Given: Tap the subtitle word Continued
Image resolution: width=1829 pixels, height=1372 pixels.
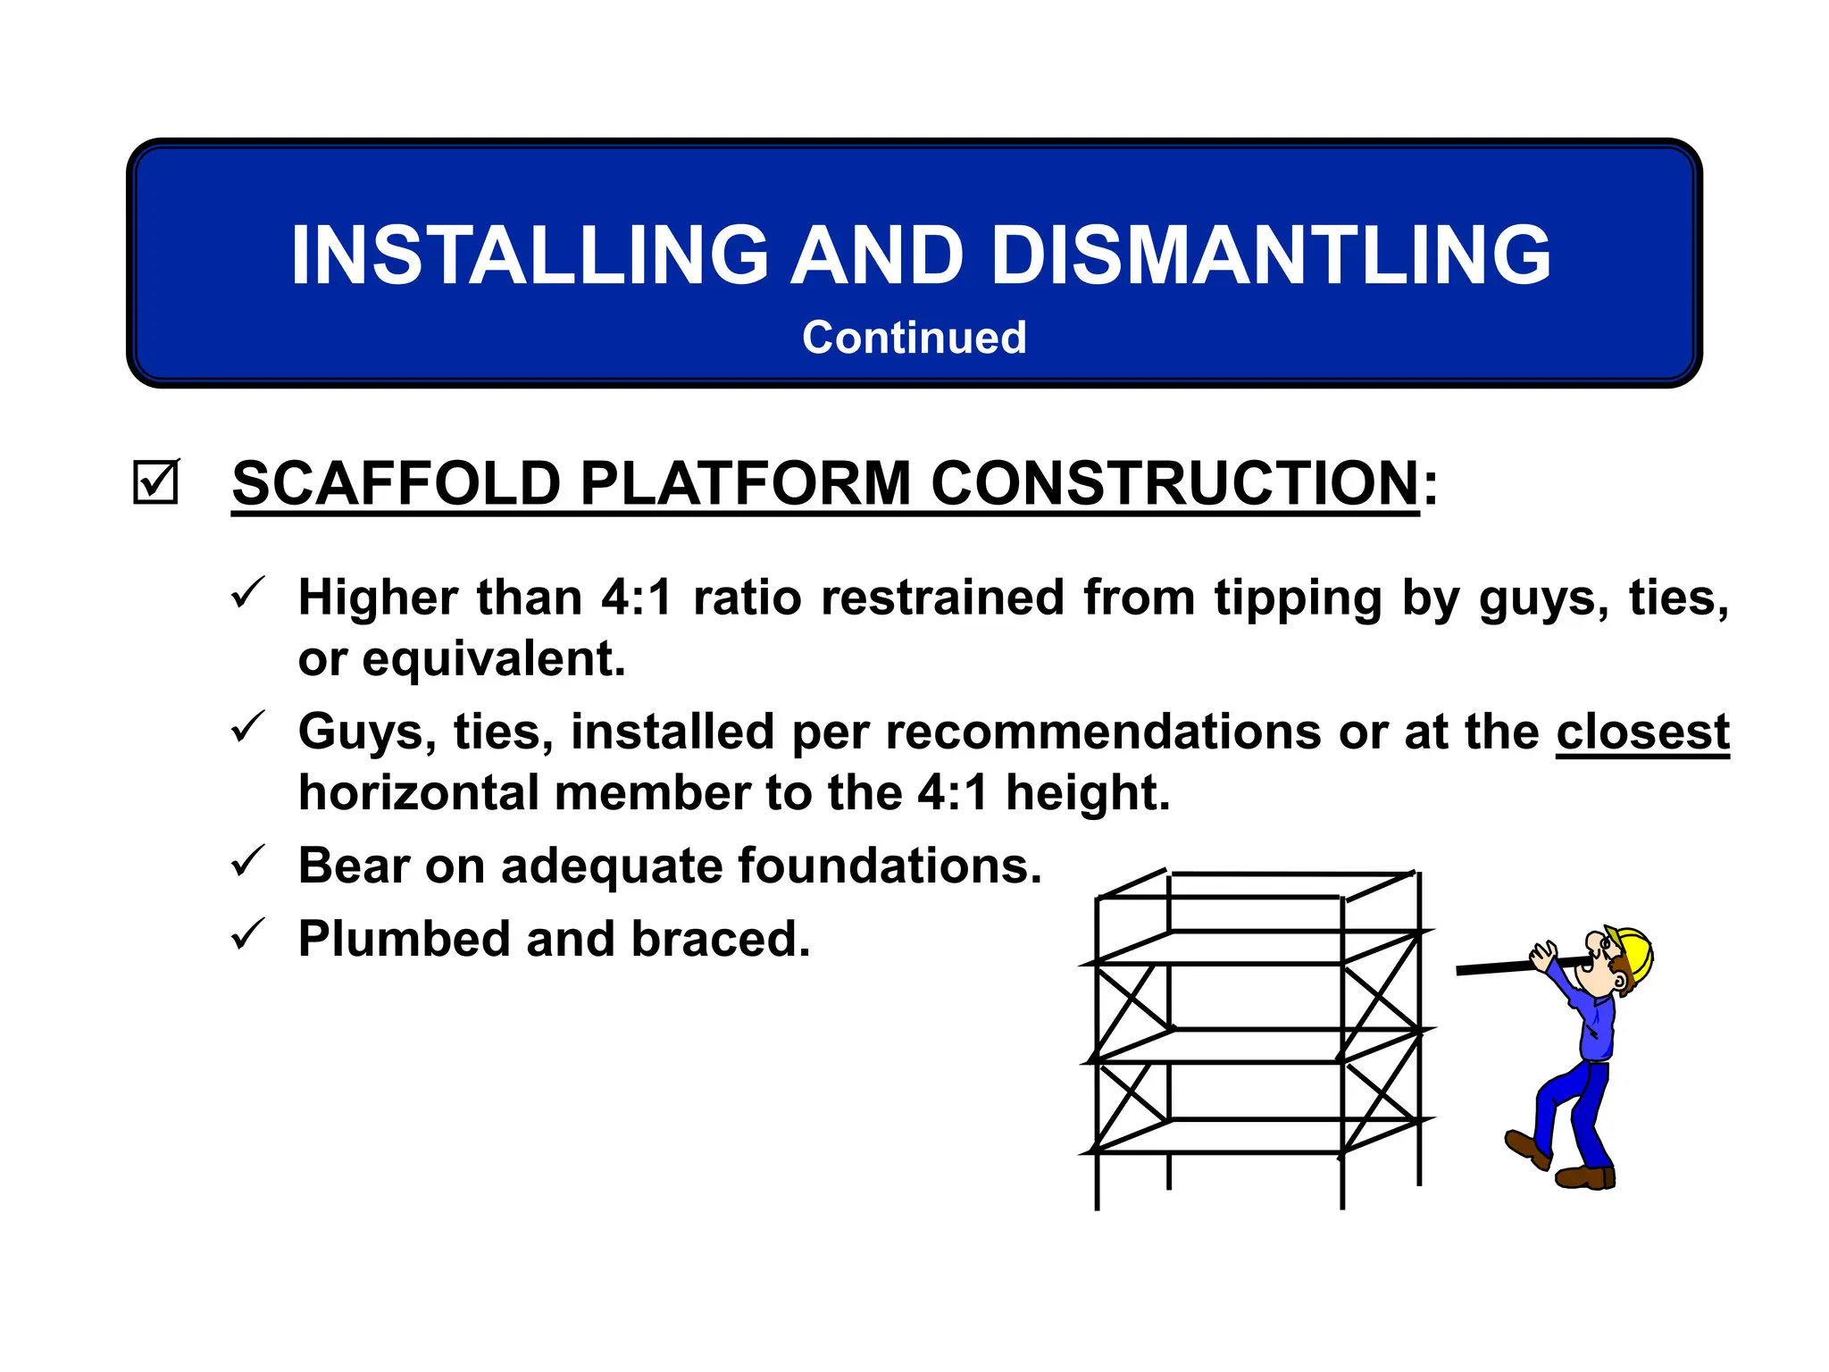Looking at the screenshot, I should click(914, 338).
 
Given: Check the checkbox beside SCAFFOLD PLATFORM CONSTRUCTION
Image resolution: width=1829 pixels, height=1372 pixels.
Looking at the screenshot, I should click(155, 482).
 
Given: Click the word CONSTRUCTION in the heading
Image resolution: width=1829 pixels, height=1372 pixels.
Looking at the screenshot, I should click(1174, 483).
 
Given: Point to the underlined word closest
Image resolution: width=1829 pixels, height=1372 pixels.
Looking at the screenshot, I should click(1642, 732).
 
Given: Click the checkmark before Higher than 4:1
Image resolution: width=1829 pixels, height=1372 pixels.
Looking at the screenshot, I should click(246, 593).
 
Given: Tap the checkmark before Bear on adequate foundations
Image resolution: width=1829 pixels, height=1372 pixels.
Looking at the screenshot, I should click(246, 861).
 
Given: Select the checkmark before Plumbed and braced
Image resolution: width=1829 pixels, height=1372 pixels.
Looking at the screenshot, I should click(246, 934).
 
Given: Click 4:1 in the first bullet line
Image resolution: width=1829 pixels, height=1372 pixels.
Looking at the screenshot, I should click(636, 597).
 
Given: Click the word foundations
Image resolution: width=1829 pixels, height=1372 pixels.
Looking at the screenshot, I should click(889, 866).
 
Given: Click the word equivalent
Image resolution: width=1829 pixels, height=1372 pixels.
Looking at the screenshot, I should click(493, 659).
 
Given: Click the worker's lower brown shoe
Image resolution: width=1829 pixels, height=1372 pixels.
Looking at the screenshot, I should click(1584, 1177).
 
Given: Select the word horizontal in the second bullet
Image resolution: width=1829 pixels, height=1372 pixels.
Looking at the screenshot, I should click(419, 793).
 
